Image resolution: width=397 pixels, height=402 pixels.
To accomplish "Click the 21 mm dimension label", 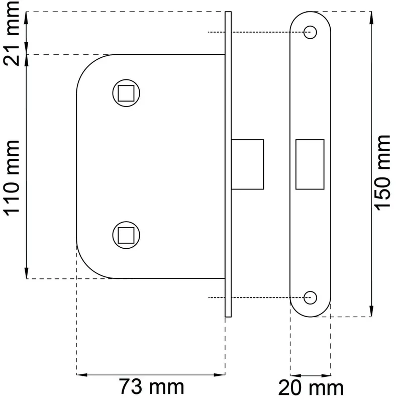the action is click(x=11, y=33).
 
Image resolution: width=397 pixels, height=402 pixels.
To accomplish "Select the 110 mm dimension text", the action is click(x=11, y=178).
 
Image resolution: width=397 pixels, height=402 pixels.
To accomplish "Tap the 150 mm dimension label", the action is click(x=382, y=172).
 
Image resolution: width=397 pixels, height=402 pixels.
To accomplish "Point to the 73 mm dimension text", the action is click(x=151, y=387).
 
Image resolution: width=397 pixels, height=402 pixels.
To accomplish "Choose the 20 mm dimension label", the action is click(x=311, y=388).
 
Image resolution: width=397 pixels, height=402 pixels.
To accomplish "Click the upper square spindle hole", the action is click(x=126, y=93).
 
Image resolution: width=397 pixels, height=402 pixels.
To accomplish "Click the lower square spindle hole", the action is click(x=126, y=235).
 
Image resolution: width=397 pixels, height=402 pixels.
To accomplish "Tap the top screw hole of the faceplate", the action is click(x=310, y=32).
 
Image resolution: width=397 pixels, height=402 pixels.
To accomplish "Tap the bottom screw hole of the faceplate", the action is click(x=310, y=297).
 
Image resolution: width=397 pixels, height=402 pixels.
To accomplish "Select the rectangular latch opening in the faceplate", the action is click(x=310, y=165).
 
